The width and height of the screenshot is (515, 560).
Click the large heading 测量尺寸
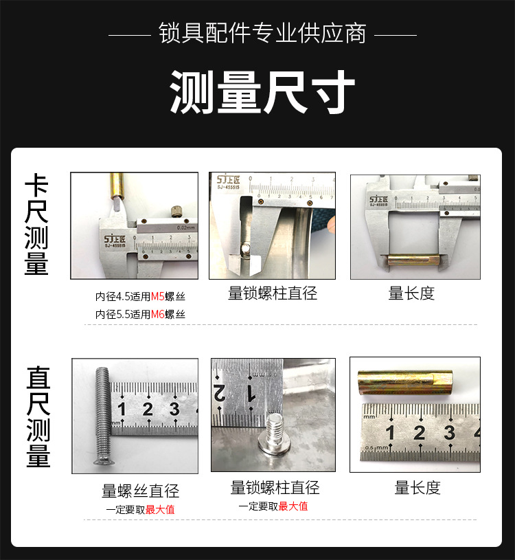pos(262,91)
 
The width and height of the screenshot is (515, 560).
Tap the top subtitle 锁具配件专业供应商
pos(262,34)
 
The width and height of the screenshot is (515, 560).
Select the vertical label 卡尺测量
pos(36,225)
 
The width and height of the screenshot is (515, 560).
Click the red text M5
pos(158,298)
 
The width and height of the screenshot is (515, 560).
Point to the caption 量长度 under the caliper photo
pos(411,293)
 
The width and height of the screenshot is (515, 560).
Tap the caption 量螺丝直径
pos(140,491)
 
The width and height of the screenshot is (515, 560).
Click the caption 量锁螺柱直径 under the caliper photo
pos(273,293)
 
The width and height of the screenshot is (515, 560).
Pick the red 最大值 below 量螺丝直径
pos(160,510)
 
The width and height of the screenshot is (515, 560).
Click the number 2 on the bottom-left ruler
pos(147,410)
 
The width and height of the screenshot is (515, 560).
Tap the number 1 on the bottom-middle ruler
pos(251,393)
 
